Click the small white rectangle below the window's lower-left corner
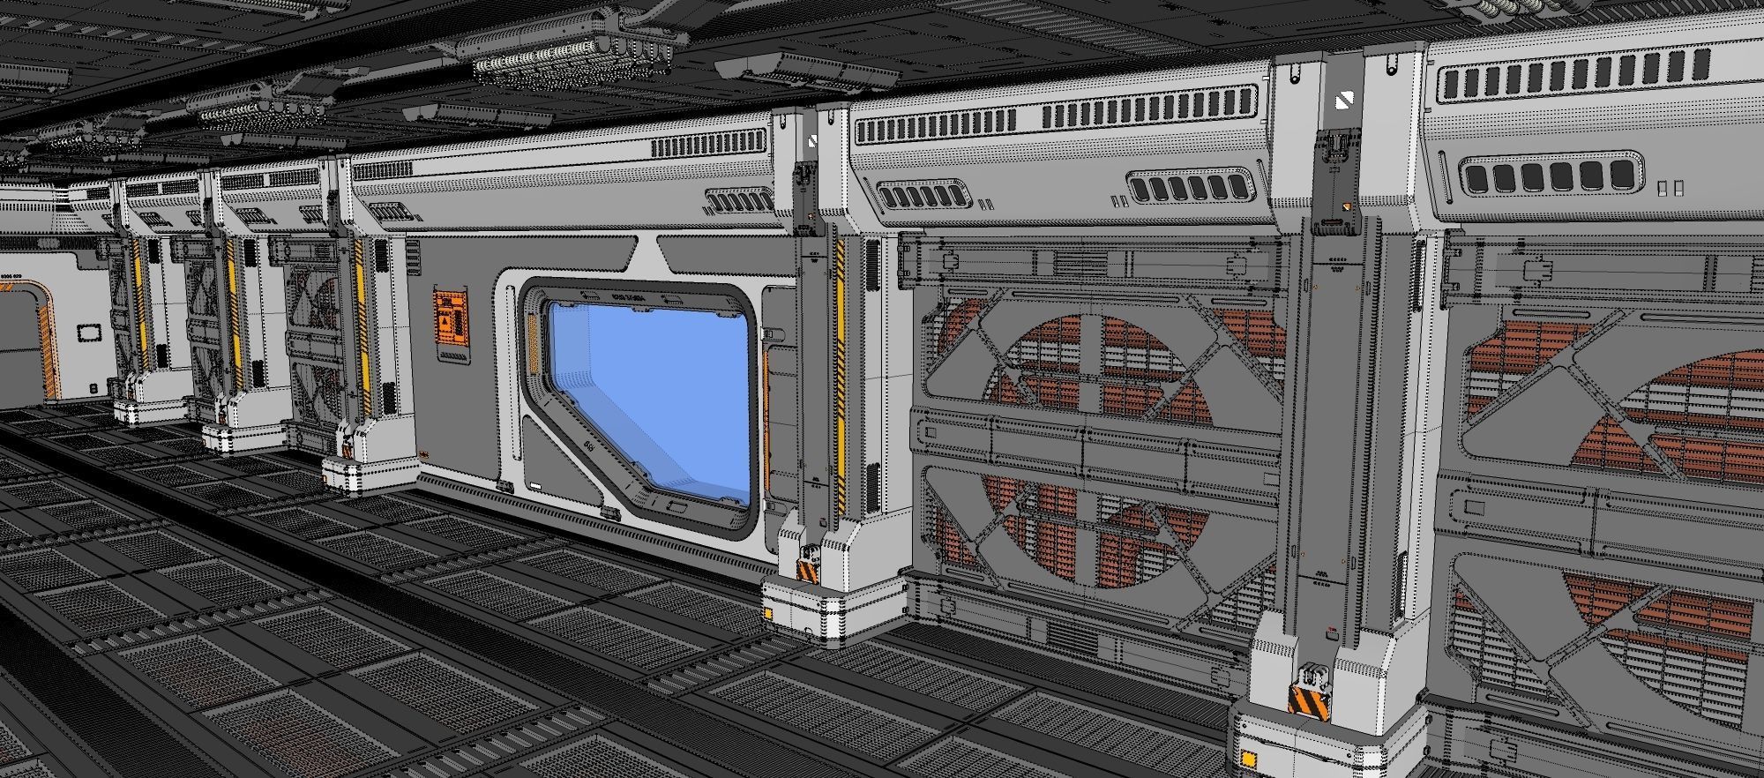[x=535, y=486]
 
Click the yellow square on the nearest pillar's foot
[x=1249, y=757]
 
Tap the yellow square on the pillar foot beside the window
[x=769, y=614]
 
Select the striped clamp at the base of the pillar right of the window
[x=808, y=570]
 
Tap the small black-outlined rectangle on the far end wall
[x=88, y=333]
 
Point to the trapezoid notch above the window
[x=648, y=257]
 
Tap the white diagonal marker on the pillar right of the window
[x=812, y=141]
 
